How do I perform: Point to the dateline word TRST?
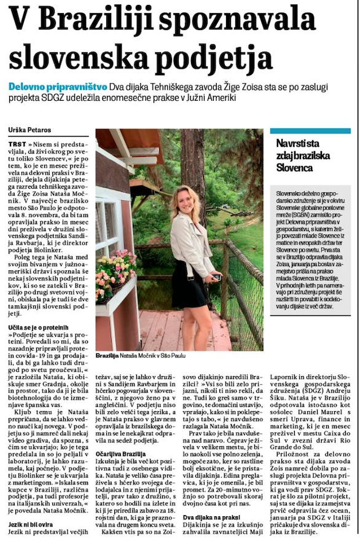[17, 143]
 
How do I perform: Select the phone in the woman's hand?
[216, 278]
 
